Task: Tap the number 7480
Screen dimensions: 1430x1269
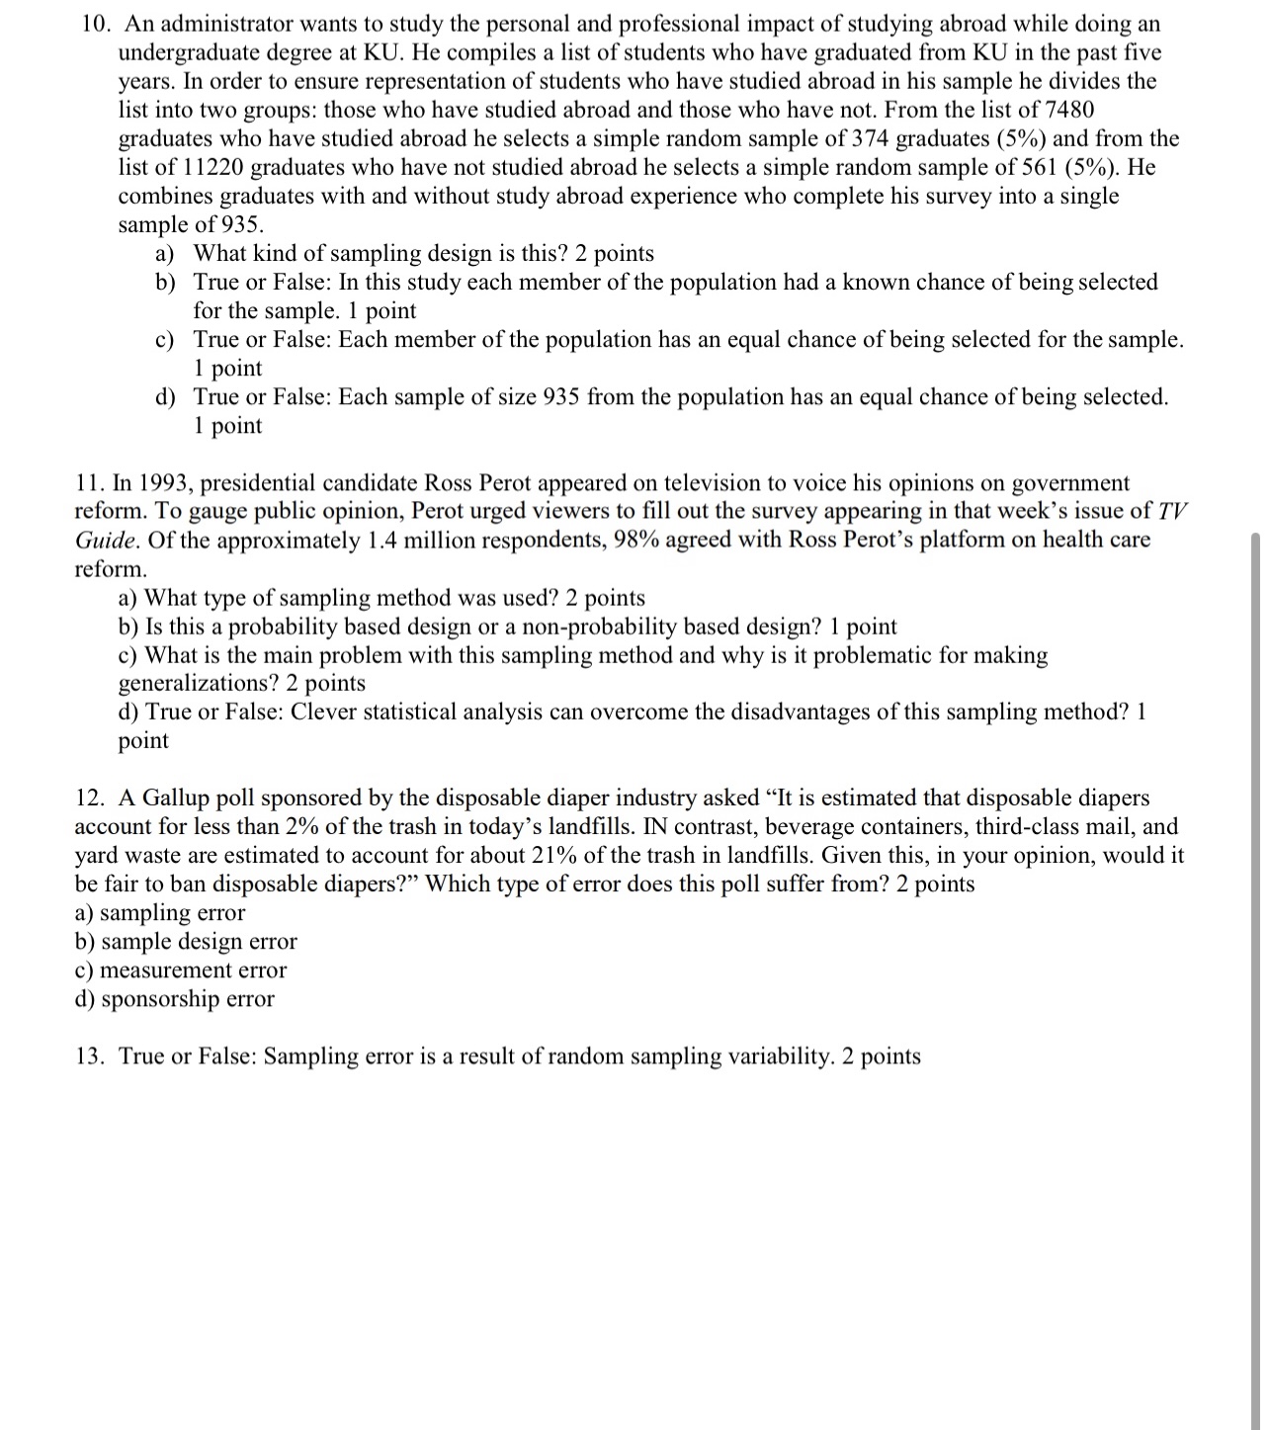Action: [x=1066, y=110]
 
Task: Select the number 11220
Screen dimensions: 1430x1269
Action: [x=215, y=167]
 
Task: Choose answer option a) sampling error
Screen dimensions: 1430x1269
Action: [x=160, y=912]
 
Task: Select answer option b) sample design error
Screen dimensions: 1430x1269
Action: [x=186, y=941]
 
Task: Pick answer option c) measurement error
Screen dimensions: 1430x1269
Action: [x=181, y=969]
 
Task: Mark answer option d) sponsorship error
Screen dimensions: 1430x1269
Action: [x=175, y=998]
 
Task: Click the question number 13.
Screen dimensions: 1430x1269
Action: [x=89, y=1056]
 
